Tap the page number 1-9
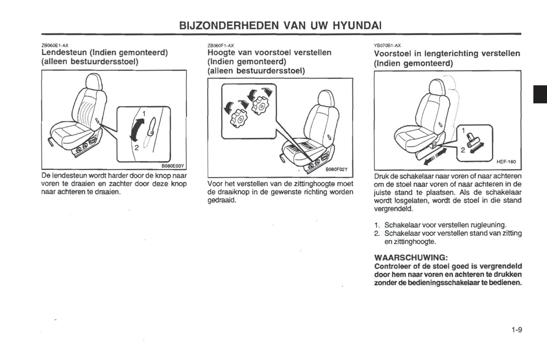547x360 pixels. click(517, 330)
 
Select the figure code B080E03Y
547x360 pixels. click(173, 165)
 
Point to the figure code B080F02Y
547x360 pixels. click(337, 170)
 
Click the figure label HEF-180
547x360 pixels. click(506, 162)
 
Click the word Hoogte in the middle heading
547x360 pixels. click(221, 53)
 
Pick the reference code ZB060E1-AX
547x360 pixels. click(55, 45)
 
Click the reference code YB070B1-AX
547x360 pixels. click(387, 45)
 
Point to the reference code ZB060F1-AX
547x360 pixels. click(221, 45)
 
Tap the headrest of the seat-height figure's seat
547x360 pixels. click(326, 98)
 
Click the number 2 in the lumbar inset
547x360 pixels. click(137, 147)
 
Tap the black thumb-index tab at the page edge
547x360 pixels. click(540, 94)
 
